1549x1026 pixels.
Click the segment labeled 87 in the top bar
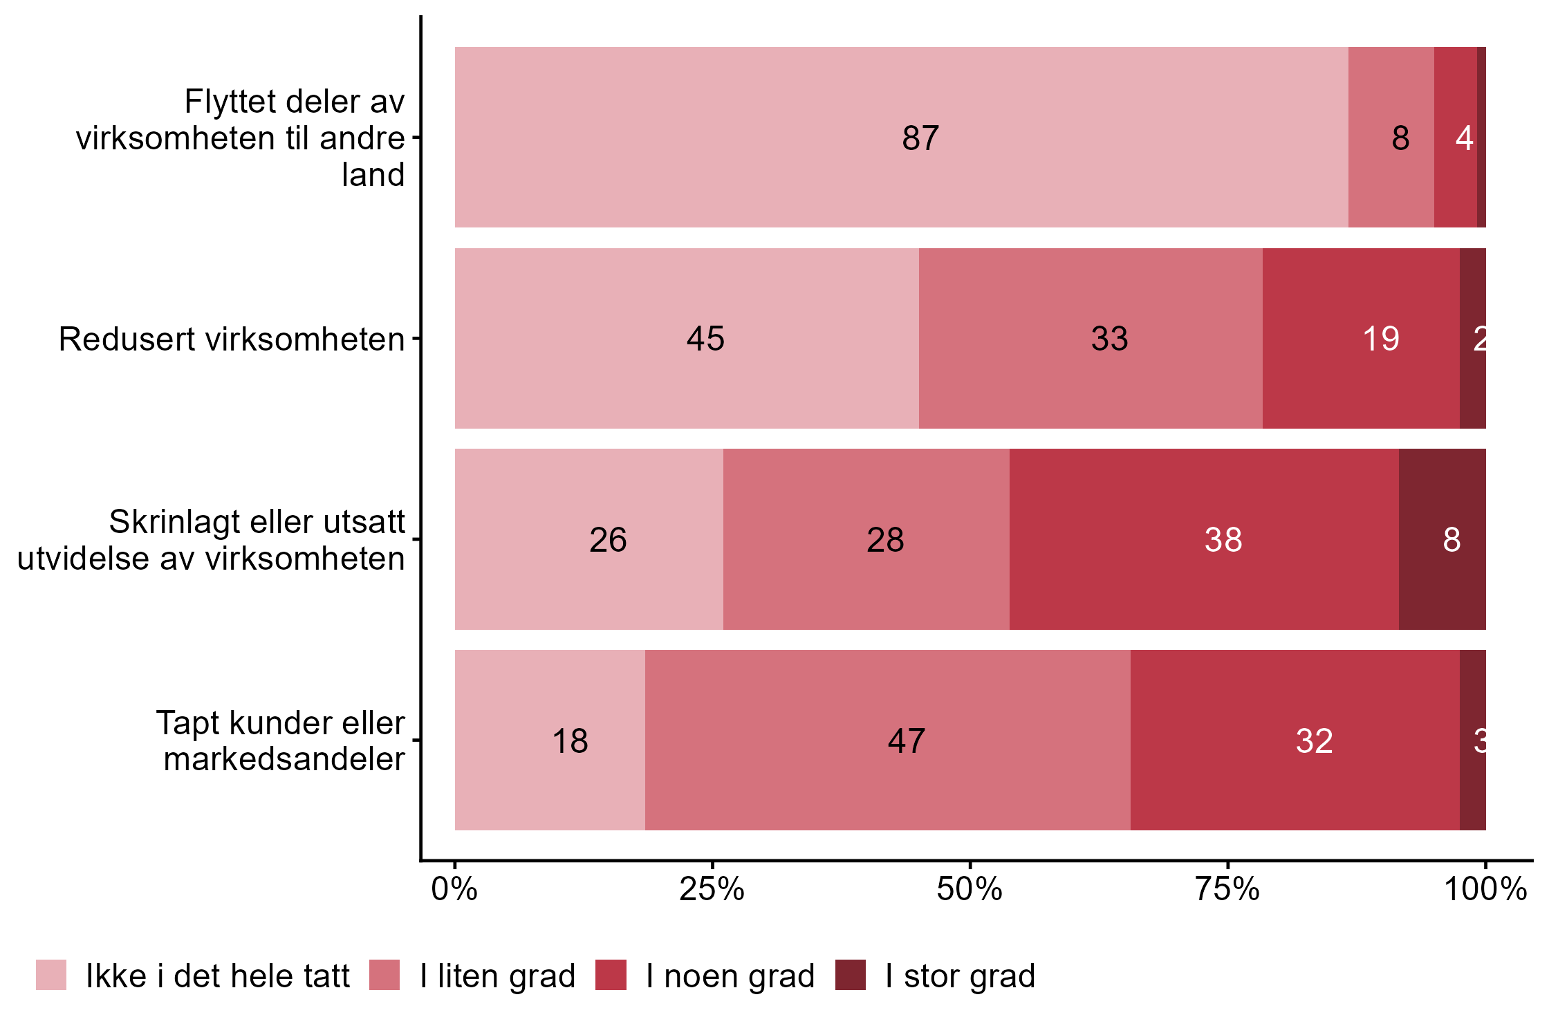(901, 137)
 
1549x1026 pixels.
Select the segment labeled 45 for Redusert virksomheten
(687, 338)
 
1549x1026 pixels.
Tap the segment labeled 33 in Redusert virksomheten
(1091, 338)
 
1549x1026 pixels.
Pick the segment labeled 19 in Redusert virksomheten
(1361, 338)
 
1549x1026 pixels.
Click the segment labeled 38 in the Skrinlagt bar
(1204, 539)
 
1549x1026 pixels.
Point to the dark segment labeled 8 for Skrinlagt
(1443, 539)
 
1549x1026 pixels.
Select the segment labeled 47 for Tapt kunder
(888, 740)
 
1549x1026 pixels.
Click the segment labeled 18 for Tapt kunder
(550, 740)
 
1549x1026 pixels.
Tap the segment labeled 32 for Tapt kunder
(1295, 740)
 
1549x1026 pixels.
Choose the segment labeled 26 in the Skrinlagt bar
(589, 539)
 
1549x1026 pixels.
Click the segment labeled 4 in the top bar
(1456, 137)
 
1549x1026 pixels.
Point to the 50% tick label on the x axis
(970, 889)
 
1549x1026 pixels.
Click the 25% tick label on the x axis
(712, 889)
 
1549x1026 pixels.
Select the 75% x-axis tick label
(1227, 889)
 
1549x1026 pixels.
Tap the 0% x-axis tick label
(454, 889)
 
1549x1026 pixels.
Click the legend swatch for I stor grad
(850, 975)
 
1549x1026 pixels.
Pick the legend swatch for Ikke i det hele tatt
(51, 975)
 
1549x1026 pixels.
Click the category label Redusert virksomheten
(232, 339)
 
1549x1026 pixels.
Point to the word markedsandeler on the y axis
(284, 759)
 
